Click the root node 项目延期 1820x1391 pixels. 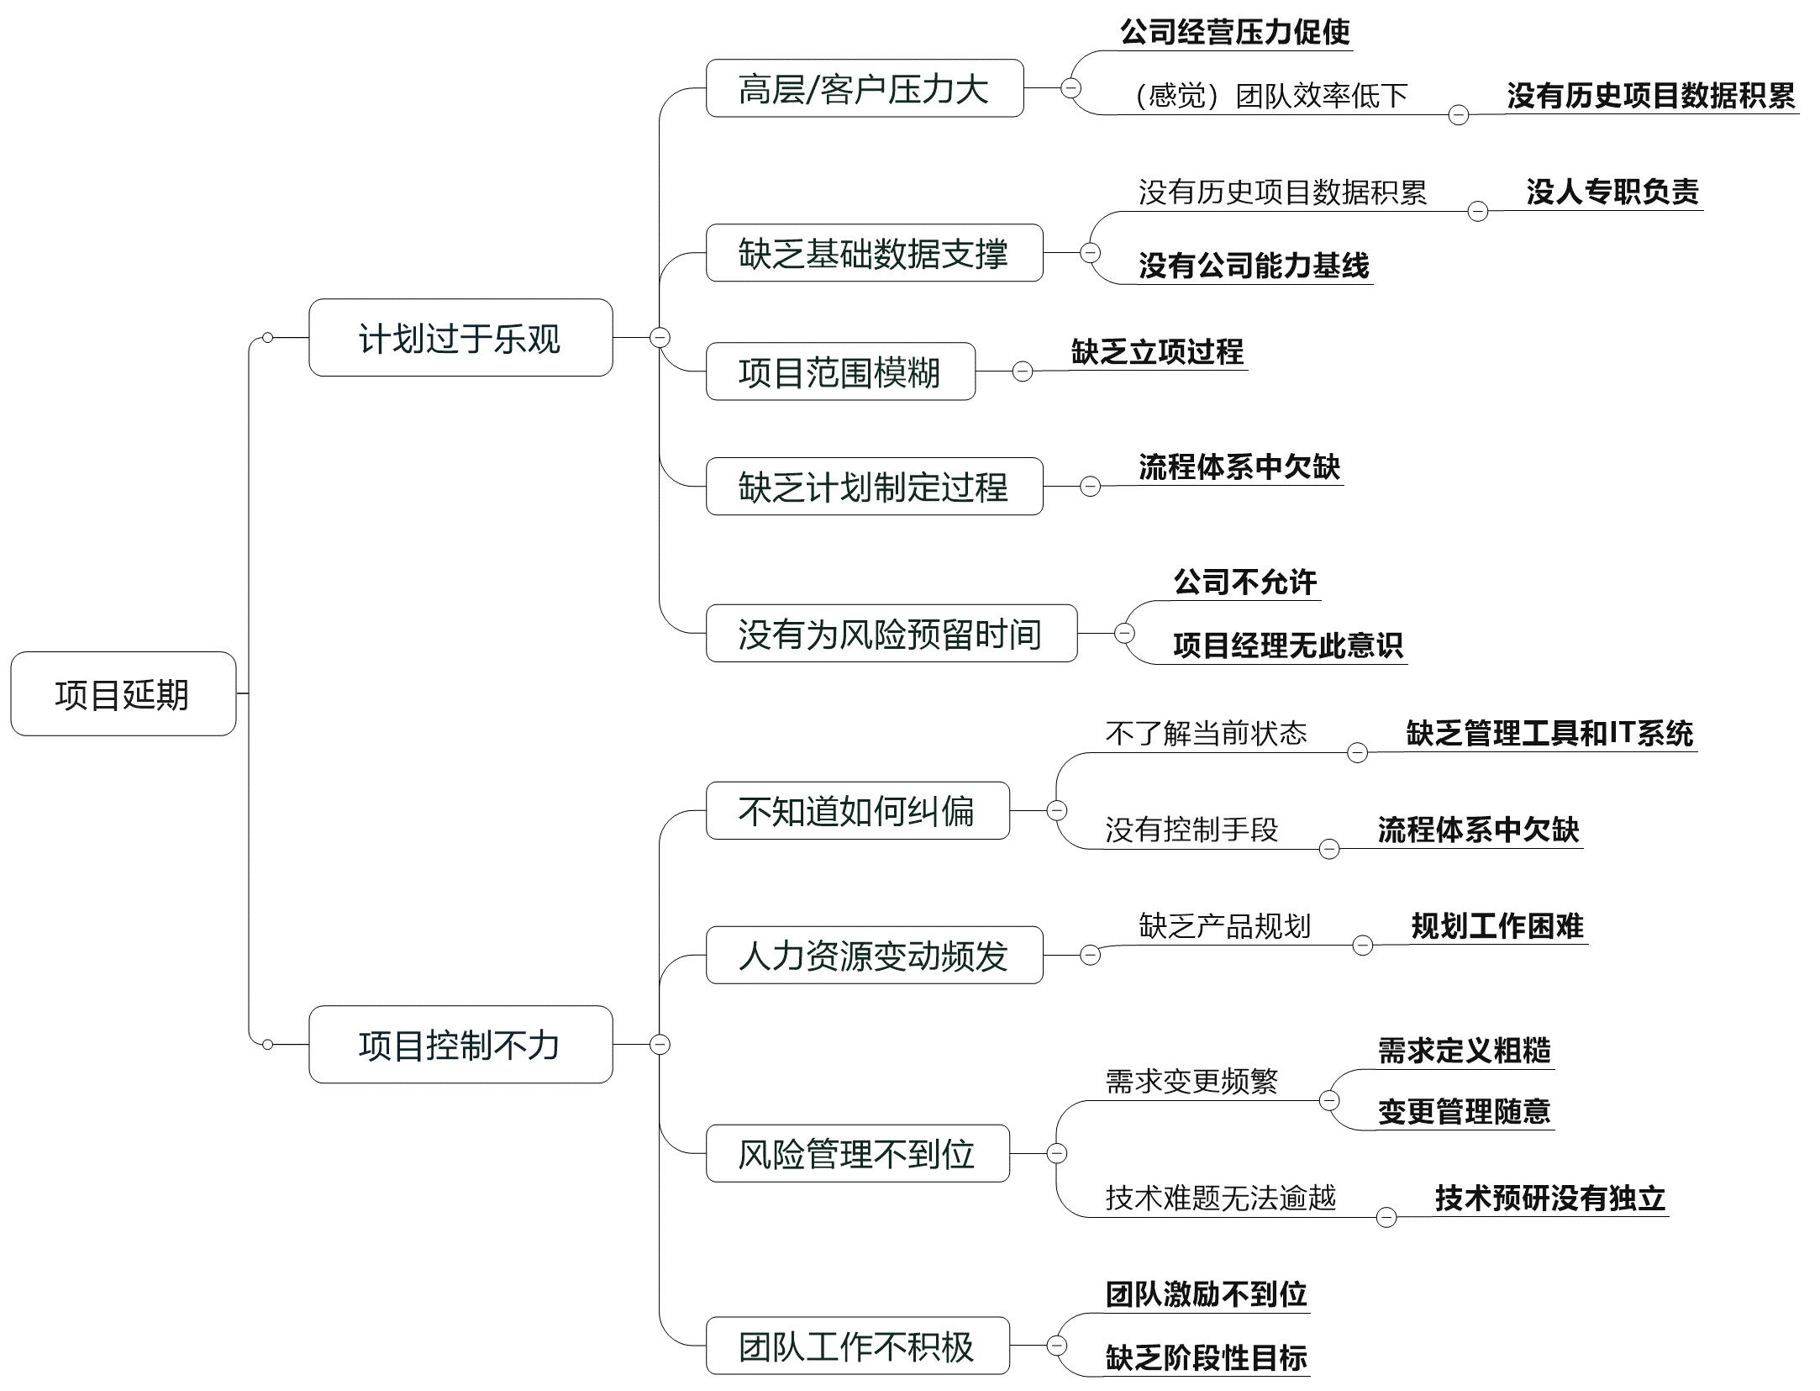[123, 694]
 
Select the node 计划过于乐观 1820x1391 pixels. [460, 338]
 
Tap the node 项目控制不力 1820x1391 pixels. [460, 1045]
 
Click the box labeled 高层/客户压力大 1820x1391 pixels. [864, 88]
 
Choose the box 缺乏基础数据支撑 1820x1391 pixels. [874, 253]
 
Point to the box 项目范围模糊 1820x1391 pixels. [840, 371]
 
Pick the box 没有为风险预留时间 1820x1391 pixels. [891, 634]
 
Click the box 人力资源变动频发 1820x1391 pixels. [874, 956]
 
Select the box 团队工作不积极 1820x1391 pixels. [857, 1346]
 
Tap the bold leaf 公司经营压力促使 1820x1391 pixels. [1234, 32]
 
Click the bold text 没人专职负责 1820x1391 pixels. [1612, 192]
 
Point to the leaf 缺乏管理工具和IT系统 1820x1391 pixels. [1549, 733]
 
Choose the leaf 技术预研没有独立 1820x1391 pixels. [1549, 1198]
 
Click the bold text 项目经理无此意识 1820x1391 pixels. [1287, 645]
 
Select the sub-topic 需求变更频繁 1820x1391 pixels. [1191, 1081]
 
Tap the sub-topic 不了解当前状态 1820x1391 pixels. [1206, 733]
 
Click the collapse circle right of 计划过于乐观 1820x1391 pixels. [660, 338]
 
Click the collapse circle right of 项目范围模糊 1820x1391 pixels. [1023, 371]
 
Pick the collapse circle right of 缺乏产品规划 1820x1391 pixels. [1363, 946]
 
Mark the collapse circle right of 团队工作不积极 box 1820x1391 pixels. [1057, 1346]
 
